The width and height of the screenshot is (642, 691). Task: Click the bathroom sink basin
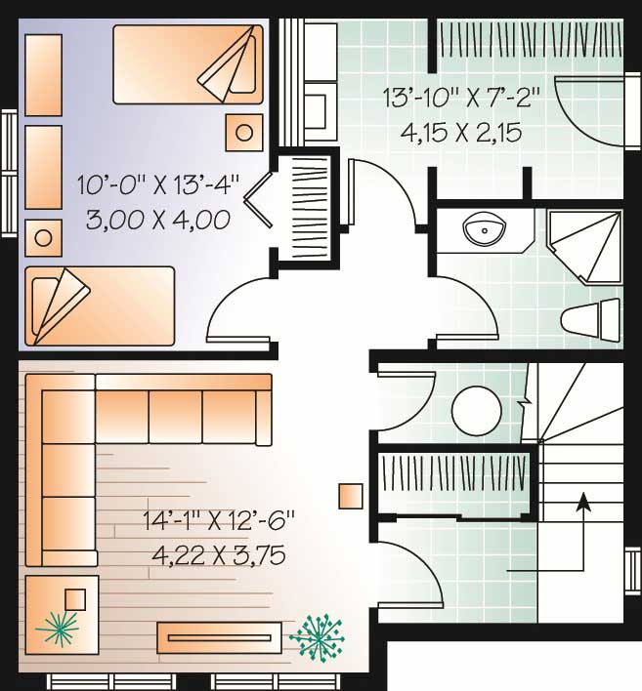484,229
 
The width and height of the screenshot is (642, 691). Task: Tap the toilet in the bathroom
591,319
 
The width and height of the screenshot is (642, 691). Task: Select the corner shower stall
584,247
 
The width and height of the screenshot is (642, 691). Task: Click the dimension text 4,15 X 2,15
460,133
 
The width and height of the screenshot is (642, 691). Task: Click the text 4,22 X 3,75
218,555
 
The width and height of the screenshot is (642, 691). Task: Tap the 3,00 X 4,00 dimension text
158,220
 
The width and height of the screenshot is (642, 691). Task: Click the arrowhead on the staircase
583,502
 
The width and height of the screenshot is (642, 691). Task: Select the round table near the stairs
477,411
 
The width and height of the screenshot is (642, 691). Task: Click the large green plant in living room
318,637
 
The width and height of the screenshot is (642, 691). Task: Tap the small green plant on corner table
59,629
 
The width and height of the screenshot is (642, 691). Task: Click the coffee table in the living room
219,637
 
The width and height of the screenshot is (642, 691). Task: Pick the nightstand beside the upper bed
244,132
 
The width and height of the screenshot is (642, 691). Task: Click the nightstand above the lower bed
43,238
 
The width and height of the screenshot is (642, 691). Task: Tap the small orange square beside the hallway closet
351,496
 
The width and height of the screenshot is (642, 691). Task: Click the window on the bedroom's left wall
8,174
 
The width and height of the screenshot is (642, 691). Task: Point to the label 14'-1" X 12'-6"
219,520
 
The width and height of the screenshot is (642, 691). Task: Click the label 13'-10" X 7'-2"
461,98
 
